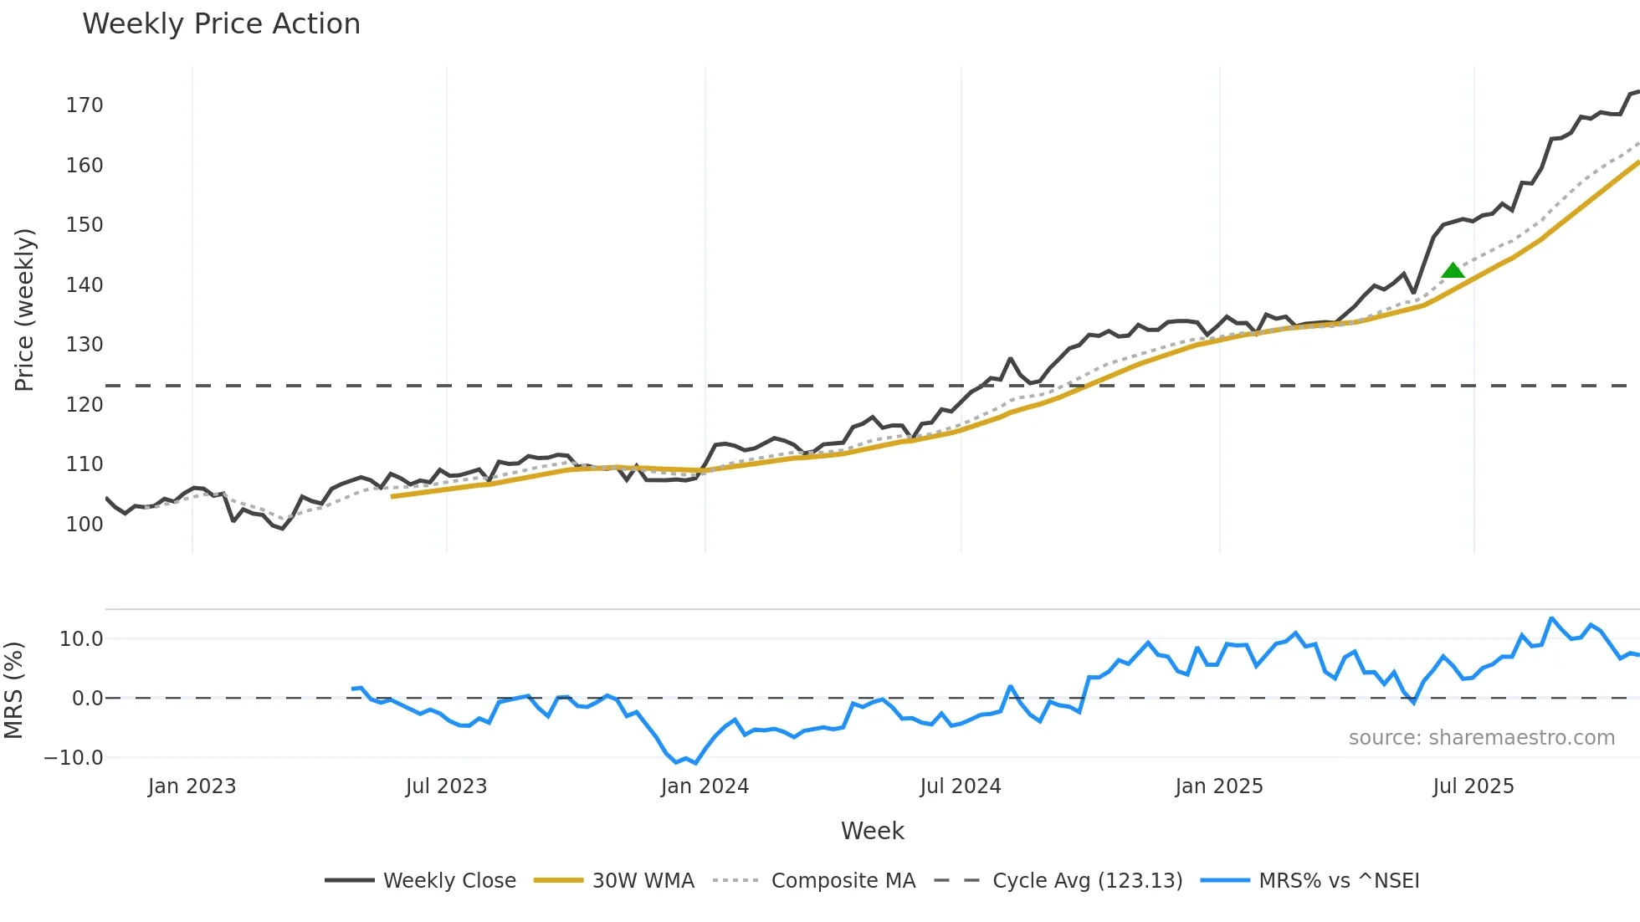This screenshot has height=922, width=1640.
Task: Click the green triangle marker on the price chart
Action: point(1453,270)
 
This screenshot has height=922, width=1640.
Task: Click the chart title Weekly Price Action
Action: point(221,24)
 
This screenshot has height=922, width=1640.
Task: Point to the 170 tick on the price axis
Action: point(85,105)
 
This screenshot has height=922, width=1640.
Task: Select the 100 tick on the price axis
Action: point(85,525)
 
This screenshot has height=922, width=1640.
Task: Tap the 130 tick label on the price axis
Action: point(85,345)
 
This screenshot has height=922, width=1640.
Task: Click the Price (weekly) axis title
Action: point(24,310)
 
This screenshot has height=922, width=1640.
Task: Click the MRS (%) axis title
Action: point(13,690)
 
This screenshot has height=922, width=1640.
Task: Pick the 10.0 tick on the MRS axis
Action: point(81,639)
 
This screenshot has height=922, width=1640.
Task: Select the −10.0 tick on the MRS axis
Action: point(74,758)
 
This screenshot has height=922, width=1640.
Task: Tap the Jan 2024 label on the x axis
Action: point(705,786)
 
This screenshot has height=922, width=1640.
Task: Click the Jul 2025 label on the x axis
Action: point(1473,786)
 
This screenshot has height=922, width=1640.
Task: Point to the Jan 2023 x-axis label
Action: point(192,786)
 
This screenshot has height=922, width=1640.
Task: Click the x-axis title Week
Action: point(872,831)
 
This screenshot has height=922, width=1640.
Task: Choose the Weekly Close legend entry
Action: point(449,881)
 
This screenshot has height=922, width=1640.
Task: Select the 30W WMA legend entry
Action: point(643,881)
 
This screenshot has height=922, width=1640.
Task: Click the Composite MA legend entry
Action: point(843,881)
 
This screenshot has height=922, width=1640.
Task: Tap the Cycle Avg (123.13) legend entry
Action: point(1087,881)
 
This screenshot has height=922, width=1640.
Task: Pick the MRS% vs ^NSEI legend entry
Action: point(1339,881)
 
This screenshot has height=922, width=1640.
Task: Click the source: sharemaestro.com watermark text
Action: point(1481,738)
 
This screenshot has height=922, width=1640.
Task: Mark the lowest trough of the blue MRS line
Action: point(695,763)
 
